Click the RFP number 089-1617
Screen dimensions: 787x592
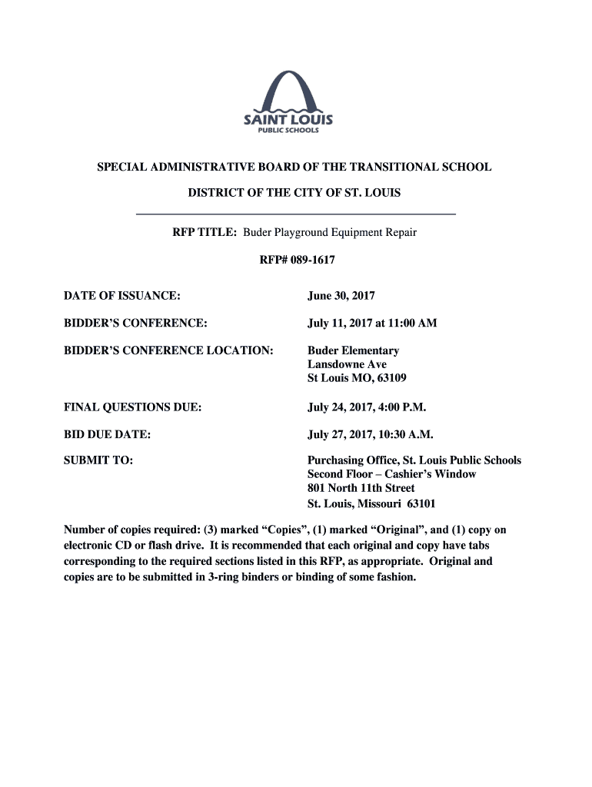pyautogui.click(x=296, y=261)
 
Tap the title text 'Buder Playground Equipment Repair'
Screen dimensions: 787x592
pyautogui.click(x=330, y=232)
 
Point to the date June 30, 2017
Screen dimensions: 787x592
pyautogui.click(x=341, y=296)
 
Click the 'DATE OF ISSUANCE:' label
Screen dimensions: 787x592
pyautogui.click(x=122, y=296)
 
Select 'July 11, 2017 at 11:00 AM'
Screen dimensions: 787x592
pyautogui.click(x=372, y=324)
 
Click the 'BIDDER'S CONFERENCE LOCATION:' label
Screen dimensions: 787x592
pyautogui.click(x=168, y=351)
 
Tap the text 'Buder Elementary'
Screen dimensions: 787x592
pyautogui.click(x=353, y=351)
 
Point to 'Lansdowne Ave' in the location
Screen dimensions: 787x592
pyautogui.click(x=347, y=364)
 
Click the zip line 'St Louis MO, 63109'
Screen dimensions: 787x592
pyautogui.click(x=357, y=378)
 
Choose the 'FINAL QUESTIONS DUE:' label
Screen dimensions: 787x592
pyautogui.click(x=133, y=407)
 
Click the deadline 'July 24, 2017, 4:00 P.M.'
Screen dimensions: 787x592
pyautogui.click(x=367, y=407)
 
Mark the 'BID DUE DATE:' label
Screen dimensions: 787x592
pyautogui.click(x=107, y=435)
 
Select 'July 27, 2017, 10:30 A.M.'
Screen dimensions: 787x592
pyautogui.click(x=371, y=435)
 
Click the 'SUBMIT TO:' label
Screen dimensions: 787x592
pyautogui.click(x=98, y=460)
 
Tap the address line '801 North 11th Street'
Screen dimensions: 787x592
pyautogui.click(x=361, y=488)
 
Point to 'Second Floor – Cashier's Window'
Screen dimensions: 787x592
pyautogui.click(x=391, y=474)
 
